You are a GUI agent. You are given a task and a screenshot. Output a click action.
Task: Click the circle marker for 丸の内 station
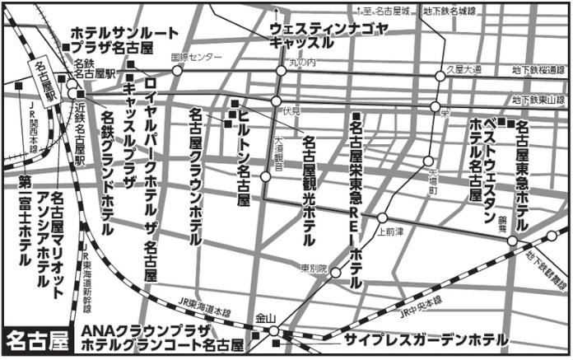pyautogui.click(x=281, y=72)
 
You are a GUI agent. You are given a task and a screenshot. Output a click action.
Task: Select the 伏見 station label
pyautogui.click(x=291, y=110)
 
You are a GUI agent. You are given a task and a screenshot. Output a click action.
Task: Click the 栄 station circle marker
pyautogui.click(x=434, y=106)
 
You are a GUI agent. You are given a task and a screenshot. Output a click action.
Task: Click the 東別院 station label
pyautogui.click(x=313, y=269)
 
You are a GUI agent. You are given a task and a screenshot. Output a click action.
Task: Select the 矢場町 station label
pyautogui.click(x=433, y=182)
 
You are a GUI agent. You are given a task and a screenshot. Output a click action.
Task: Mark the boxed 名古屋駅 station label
pyautogui.click(x=43, y=82)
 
